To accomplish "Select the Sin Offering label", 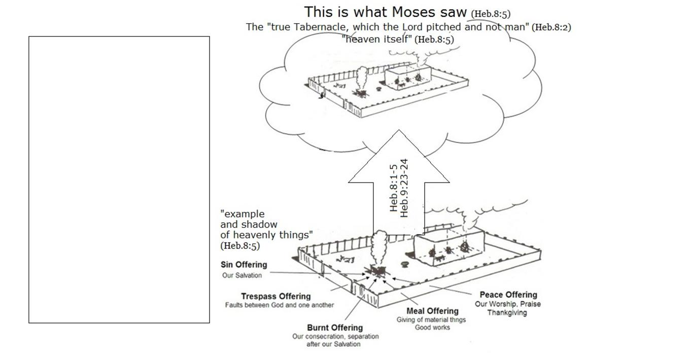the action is (x=244, y=265).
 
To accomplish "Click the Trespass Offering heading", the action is (x=275, y=296).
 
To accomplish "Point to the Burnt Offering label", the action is (x=335, y=328).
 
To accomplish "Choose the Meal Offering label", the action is (x=432, y=311).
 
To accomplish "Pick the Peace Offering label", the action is (x=508, y=295).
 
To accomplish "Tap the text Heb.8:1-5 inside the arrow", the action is (x=394, y=188).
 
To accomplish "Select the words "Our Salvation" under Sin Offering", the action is (x=242, y=275).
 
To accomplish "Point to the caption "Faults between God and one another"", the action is (x=279, y=305).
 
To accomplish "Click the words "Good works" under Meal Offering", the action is (x=432, y=328).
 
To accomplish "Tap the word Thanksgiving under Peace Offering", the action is (x=507, y=313).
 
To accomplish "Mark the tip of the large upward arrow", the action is (x=399, y=130).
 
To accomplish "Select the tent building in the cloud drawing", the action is (x=408, y=77).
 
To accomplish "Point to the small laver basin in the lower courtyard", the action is (x=404, y=264).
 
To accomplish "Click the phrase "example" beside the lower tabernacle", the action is (x=243, y=214).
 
